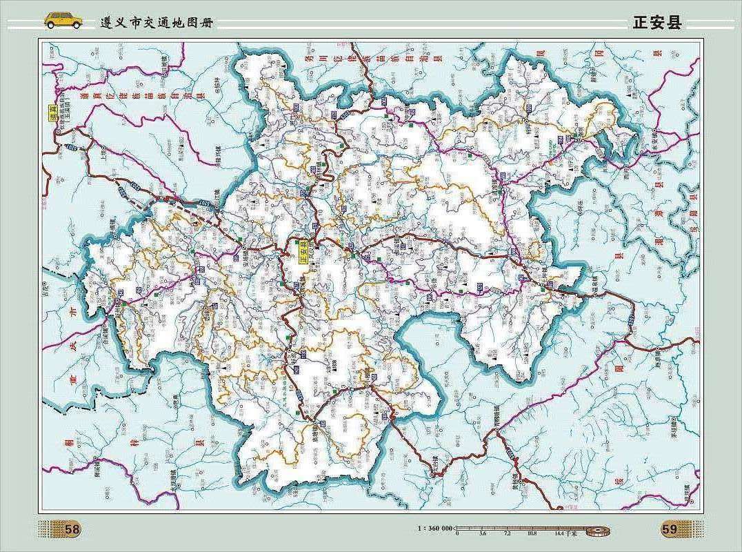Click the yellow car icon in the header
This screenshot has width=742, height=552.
[63, 21]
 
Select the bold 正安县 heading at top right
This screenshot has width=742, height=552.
[656, 23]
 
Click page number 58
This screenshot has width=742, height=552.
[72, 529]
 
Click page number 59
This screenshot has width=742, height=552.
[669, 529]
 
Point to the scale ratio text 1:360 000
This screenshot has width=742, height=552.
[435, 528]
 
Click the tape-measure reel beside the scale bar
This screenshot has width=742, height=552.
[598, 530]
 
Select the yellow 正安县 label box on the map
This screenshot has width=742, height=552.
[303, 253]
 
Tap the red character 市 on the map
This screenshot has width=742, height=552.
[72, 313]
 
